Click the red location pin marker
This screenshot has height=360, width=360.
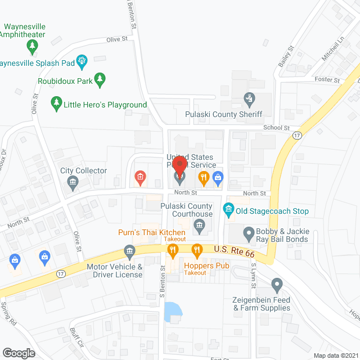[x=179, y=167]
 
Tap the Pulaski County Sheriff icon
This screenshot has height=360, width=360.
[x=249, y=100]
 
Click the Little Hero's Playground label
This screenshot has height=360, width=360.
[x=105, y=105]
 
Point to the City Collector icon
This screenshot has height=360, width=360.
[x=73, y=181]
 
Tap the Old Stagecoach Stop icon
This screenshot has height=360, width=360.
[x=229, y=211]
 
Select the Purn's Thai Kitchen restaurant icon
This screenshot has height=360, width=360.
[x=173, y=249]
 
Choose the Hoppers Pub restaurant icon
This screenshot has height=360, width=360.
[x=197, y=249]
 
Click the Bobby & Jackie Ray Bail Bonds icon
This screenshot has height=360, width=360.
[x=249, y=232]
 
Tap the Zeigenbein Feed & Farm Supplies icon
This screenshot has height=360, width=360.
[x=276, y=284]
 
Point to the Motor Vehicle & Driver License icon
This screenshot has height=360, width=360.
[x=130, y=250]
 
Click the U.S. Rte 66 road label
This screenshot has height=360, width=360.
[x=232, y=249]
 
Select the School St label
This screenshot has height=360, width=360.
[x=277, y=128]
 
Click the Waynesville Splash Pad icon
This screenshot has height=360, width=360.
[x=82, y=59]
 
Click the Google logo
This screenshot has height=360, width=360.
[x=19, y=353]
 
